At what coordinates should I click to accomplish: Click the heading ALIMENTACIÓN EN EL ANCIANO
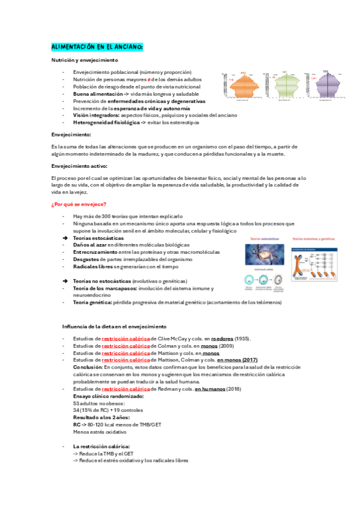97,46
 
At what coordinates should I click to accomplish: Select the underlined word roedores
222,339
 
